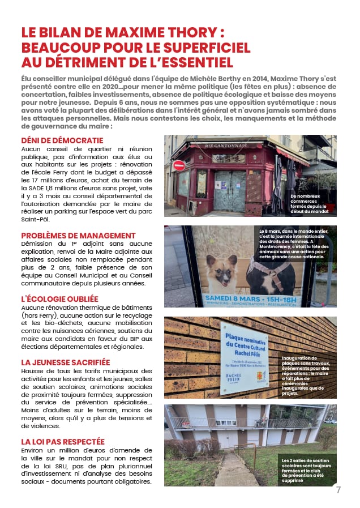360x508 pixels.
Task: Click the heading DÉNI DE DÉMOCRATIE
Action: (x=62, y=140)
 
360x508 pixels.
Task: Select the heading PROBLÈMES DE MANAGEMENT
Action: (x=78, y=236)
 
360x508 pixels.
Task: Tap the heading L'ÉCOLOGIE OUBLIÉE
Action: (x=59, y=298)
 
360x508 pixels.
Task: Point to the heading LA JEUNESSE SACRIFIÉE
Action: (x=66, y=362)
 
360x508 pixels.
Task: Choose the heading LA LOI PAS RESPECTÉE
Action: (x=63, y=441)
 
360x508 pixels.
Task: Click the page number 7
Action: (x=338, y=490)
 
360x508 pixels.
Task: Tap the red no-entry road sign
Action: (x=179, y=165)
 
